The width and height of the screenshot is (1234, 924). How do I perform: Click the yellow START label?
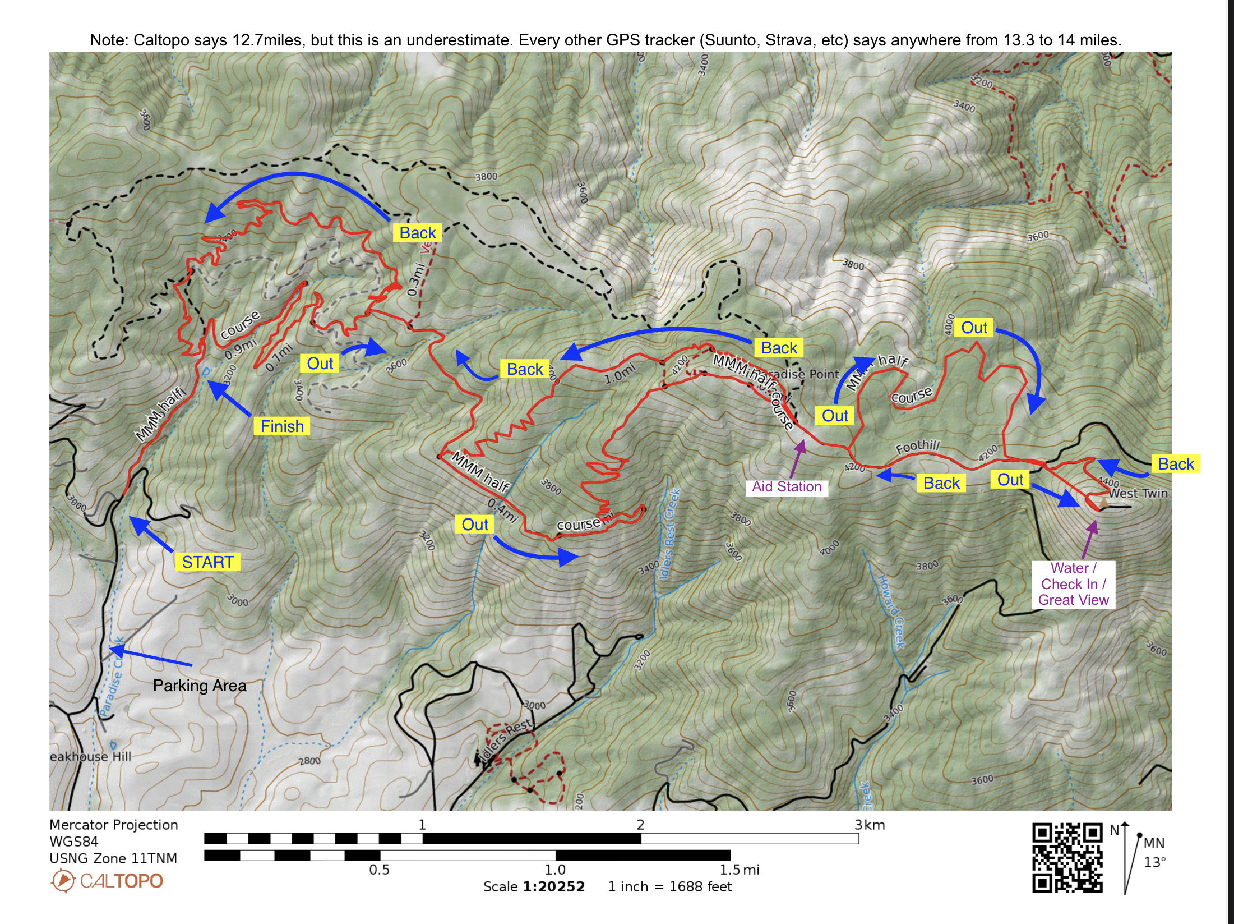[x=207, y=562]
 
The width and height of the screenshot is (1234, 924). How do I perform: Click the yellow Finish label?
[x=281, y=426]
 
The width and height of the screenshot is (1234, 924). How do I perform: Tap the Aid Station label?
[x=786, y=486]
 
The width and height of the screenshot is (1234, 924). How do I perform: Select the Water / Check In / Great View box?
[x=1073, y=584]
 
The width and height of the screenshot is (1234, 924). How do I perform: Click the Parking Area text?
[x=200, y=686]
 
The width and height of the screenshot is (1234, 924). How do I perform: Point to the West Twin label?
[x=1138, y=493]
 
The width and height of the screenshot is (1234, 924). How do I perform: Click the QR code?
[x=1067, y=858]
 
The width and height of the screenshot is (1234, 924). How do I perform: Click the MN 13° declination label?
[x=1154, y=852]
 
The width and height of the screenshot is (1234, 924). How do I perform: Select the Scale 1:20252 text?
[x=534, y=886]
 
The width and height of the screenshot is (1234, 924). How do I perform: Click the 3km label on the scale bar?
[x=869, y=825]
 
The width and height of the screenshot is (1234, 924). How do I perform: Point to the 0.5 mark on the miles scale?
[x=379, y=870]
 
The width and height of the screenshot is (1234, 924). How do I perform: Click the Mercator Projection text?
[x=113, y=825]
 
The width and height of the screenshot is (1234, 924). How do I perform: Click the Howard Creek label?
[x=891, y=612]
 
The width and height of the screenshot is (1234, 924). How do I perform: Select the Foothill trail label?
[x=917, y=447]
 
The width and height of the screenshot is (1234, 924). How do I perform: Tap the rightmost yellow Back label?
[x=1176, y=464]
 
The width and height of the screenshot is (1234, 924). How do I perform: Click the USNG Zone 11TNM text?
[x=113, y=858]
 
